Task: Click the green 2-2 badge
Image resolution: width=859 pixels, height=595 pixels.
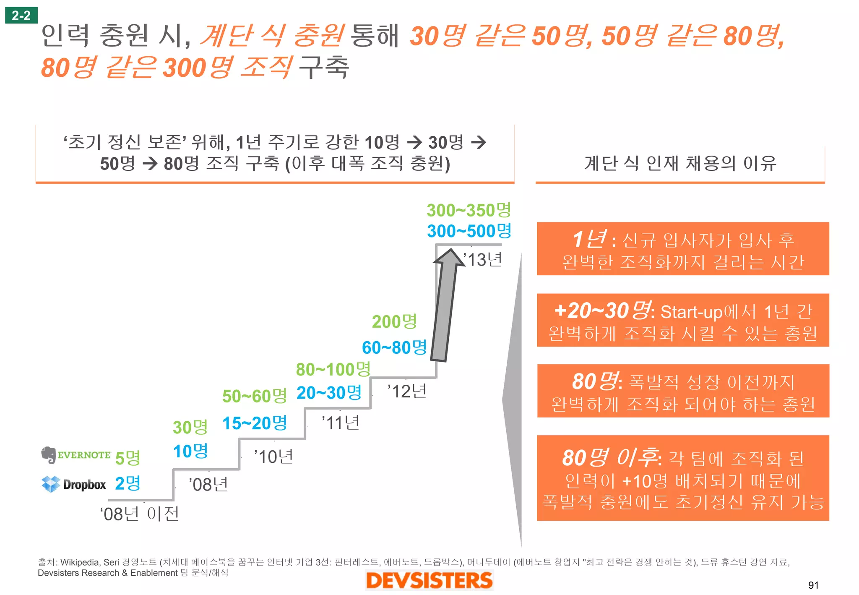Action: point(21,16)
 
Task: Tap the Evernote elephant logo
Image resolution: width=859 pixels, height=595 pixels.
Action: point(49,455)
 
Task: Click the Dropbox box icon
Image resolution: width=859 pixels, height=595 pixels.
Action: point(51,484)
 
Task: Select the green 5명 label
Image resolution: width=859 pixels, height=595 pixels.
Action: point(128,458)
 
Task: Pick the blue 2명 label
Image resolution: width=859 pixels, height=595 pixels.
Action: point(128,483)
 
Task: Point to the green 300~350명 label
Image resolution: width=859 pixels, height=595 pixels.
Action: point(469,210)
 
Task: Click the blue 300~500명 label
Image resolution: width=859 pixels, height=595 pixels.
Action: point(469,231)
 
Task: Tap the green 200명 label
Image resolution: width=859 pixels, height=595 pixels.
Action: point(394,322)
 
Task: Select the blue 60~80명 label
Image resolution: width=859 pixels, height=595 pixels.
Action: point(394,347)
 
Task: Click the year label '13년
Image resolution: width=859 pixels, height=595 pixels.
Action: point(483,260)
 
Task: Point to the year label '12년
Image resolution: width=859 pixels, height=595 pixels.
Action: point(407,391)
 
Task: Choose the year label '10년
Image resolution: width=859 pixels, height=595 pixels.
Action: point(274,457)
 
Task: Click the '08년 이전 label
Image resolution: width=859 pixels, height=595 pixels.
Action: point(140,514)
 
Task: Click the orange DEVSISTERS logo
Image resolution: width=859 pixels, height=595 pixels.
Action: point(429,580)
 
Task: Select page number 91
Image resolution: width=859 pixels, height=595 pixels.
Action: point(813,585)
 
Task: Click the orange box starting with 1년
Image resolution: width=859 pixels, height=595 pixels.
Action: point(682,249)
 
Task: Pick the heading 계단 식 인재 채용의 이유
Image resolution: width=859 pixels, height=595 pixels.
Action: point(680,163)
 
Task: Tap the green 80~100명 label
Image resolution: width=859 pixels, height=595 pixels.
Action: point(333,370)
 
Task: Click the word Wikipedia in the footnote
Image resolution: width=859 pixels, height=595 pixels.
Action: point(80,562)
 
